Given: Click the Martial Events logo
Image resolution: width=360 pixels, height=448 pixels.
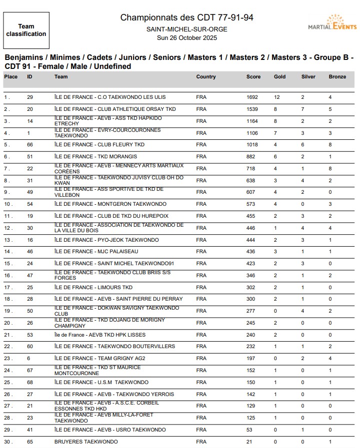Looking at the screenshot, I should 332,23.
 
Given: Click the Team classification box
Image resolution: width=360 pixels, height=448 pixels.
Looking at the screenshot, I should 26,30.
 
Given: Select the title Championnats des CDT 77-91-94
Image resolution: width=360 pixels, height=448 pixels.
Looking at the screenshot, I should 186,17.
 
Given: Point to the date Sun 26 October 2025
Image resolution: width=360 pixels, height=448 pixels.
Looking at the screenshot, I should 186,37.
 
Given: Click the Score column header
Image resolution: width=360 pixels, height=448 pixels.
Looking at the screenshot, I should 253,77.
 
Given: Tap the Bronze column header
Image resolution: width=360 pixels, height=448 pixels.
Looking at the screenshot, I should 337,77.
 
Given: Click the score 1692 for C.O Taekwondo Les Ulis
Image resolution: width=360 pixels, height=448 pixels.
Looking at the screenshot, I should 252,97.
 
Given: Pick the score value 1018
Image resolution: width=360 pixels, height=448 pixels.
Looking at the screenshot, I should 252,145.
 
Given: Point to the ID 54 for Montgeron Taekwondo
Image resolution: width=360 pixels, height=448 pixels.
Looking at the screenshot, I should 30,204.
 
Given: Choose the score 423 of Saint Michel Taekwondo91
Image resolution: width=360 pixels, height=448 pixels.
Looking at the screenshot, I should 250,264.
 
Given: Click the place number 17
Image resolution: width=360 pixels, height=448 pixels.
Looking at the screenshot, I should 8,288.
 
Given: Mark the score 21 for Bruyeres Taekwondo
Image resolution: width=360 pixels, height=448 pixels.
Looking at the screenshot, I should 249,442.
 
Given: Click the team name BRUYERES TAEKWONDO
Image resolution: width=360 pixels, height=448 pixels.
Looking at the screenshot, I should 86,442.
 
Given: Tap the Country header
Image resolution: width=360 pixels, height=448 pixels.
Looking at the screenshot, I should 206,77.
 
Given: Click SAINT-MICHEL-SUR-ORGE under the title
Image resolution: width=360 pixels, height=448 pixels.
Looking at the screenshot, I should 186,29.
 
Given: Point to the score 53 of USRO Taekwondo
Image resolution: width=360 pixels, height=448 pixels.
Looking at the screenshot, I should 249,430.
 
